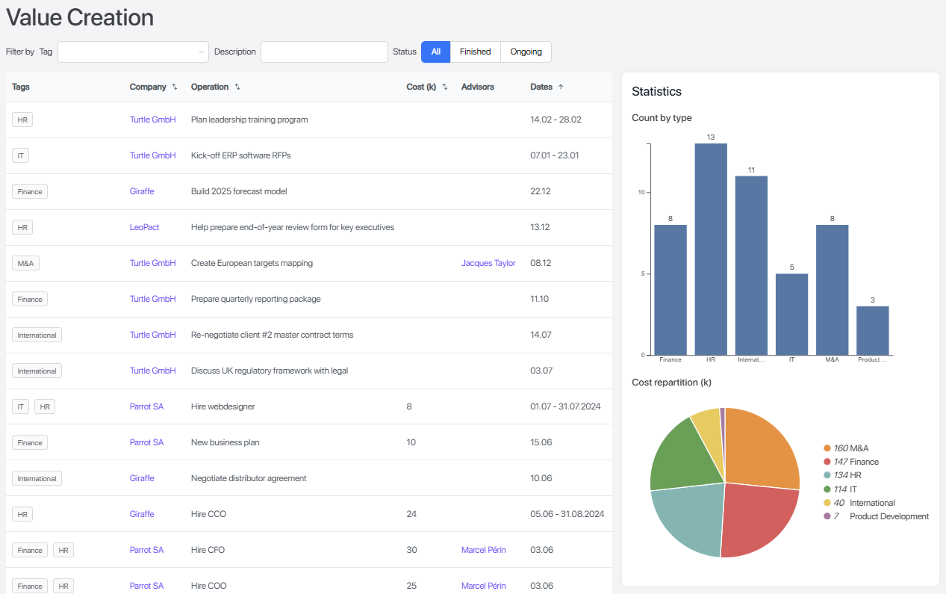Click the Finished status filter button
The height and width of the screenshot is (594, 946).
click(475, 52)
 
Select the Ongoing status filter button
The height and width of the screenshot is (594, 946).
click(526, 52)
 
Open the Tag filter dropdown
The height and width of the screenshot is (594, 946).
click(134, 52)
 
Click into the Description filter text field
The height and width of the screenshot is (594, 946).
click(324, 52)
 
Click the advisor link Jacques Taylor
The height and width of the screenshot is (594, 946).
click(488, 263)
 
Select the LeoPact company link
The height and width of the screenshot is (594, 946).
click(144, 227)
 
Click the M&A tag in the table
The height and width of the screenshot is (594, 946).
click(25, 263)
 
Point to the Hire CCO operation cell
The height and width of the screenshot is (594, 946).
click(208, 514)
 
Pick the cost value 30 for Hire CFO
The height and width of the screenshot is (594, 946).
click(411, 550)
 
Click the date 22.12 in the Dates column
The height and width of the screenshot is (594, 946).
click(540, 191)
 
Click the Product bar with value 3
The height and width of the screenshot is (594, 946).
click(872, 330)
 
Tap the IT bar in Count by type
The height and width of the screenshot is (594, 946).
click(791, 314)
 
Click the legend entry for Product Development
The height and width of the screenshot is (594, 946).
click(889, 516)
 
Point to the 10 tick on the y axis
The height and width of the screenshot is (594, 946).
click(641, 193)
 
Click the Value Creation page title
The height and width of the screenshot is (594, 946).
click(80, 17)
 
